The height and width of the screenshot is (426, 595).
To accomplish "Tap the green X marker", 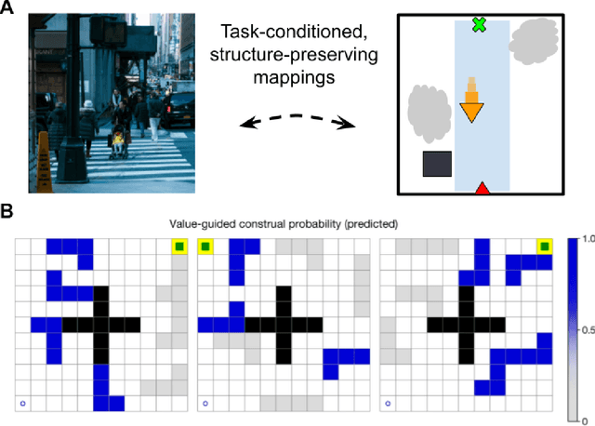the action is tap(479, 25).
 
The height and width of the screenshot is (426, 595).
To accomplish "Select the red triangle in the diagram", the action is tap(482, 190).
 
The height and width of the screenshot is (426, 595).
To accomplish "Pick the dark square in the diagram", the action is tap(437, 165).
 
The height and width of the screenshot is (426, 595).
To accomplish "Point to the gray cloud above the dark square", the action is tap(427, 109).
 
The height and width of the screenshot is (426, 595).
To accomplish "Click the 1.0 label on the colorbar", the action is tap(584, 239).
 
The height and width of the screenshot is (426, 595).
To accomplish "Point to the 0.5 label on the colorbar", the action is tap(584, 329).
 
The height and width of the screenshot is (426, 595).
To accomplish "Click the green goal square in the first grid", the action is tap(178, 246).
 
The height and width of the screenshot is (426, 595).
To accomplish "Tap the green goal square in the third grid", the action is tap(544, 246).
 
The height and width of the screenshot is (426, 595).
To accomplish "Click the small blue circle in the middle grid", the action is tap(205, 404).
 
